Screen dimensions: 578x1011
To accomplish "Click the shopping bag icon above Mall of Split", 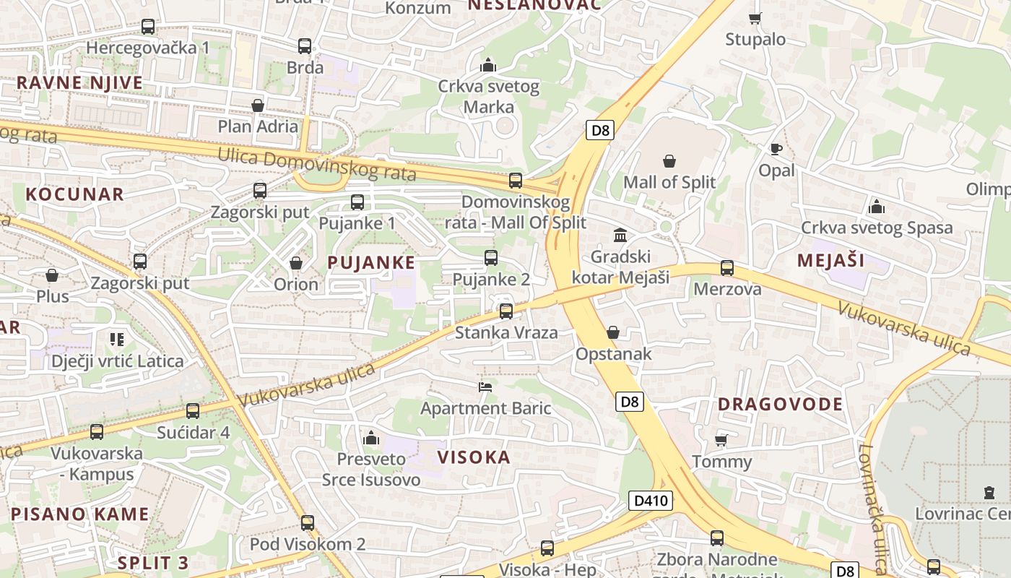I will click(x=669, y=160).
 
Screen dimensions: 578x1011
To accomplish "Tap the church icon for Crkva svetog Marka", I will click(x=488, y=66).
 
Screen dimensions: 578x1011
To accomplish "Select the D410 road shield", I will click(x=650, y=501).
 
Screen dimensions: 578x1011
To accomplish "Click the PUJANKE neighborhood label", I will click(x=371, y=263).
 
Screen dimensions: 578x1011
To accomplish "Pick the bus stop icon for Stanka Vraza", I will click(x=506, y=311).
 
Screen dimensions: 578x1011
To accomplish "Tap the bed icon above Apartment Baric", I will click(x=485, y=387).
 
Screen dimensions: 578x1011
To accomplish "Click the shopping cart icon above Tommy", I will click(x=721, y=440).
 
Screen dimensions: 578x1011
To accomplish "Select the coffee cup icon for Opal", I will click(x=776, y=150).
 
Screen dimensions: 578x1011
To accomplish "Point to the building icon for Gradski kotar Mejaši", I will click(x=620, y=235).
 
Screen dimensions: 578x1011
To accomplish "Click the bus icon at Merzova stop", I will click(x=727, y=268).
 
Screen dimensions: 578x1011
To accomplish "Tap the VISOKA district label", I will click(x=474, y=457).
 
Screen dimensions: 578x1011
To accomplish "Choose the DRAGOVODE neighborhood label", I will click(x=780, y=404).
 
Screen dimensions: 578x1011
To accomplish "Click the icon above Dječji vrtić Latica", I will click(x=117, y=339).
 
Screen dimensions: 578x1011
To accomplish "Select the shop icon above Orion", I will click(x=296, y=263).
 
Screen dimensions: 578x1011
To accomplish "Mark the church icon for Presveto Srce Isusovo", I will click(x=371, y=438).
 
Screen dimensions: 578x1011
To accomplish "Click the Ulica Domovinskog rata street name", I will click(x=316, y=163).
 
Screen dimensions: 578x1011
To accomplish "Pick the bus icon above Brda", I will click(x=305, y=46).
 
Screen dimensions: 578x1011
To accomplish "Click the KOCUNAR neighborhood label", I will click(x=75, y=194).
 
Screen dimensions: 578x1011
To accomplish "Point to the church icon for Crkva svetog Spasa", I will click(x=877, y=207).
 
